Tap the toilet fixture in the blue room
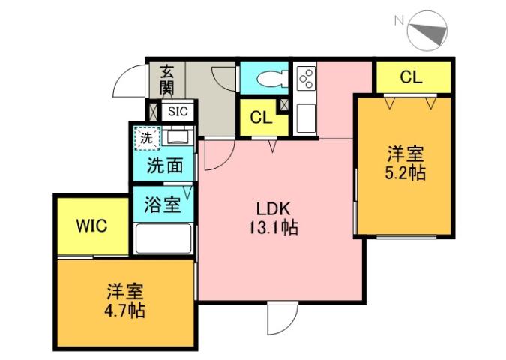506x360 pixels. click(x=267, y=78)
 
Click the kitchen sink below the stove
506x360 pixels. click(x=305, y=118)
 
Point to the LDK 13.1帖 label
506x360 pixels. click(x=274, y=218)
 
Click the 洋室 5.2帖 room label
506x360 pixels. click(x=406, y=163)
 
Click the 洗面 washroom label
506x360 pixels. click(x=164, y=165)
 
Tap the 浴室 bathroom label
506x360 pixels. click(x=162, y=203)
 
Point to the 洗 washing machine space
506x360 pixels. click(x=147, y=138)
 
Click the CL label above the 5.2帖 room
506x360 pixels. click(x=411, y=76)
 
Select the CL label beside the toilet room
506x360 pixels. click(x=260, y=118)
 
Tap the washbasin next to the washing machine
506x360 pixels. click(x=178, y=137)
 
